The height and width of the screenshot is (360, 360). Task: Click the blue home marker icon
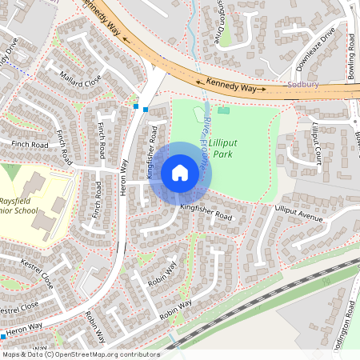point(180,173)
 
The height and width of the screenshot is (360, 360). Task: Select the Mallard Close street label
point(81,78)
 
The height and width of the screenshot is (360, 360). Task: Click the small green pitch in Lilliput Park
point(223,110)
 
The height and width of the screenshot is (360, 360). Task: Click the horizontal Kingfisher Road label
point(206,212)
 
